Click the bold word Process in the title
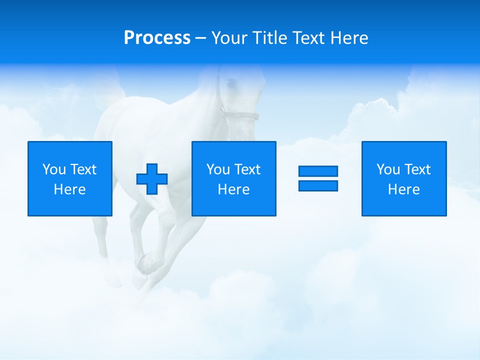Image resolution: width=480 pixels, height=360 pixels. click(x=157, y=38)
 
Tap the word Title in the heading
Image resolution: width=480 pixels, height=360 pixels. click(x=270, y=38)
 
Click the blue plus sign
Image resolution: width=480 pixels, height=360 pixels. click(x=152, y=178)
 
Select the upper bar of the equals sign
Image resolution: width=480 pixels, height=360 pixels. click(x=318, y=171)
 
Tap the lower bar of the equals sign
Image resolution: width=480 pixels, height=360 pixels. click(x=318, y=185)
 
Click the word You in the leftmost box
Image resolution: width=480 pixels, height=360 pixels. click(x=54, y=169)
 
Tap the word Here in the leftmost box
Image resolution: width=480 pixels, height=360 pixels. click(x=70, y=189)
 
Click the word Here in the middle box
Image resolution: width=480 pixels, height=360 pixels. click(x=234, y=189)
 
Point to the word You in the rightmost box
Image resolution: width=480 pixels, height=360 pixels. click(x=388, y=169)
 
